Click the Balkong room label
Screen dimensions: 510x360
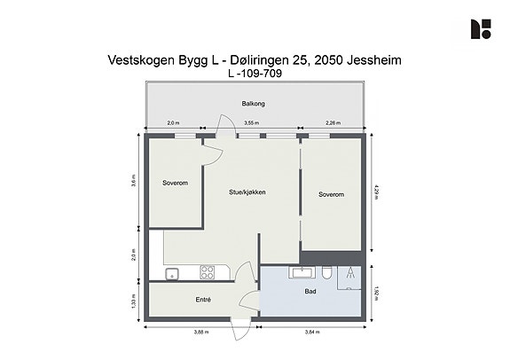(x=253, y=104)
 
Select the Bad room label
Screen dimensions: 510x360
(x=310, y=292)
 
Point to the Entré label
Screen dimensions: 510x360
(x=203, y=300)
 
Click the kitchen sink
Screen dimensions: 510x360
(x=172, y=274)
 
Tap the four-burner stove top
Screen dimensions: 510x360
(x=208, y=272)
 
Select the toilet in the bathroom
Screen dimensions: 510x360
(x=327, y=273)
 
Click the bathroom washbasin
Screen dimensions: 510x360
(x=302, y=272)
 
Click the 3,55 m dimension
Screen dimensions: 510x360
(x=252, y=123)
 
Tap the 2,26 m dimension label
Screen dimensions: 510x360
(x=333, y=123)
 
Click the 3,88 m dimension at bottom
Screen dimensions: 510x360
(x=201, y=332)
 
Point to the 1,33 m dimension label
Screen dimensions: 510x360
(x=133, y=301)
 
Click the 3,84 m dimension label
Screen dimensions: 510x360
(x=312, y=332)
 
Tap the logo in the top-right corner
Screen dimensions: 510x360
(x=481, y=29)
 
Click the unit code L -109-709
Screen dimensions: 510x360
(x=255, y=74)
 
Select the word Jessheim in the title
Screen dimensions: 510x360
(x=374, y=60)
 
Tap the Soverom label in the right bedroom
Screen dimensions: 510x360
(x=331, y=194)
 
